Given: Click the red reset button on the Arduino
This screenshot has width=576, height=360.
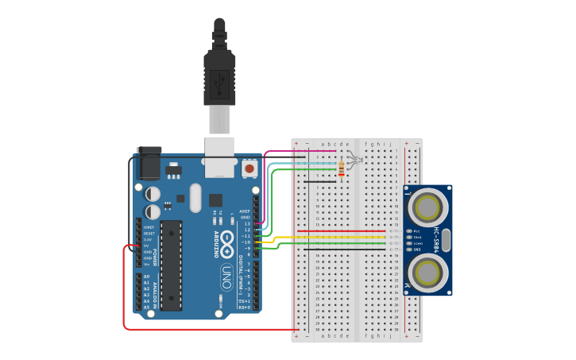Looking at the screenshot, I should (x=249, y=168).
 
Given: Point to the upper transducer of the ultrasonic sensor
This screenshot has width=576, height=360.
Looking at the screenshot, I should (x=427, y=206).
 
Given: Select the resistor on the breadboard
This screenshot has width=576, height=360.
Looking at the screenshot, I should (x=342, y=168).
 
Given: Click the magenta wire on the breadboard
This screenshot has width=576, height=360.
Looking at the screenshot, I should (x=302, y=150).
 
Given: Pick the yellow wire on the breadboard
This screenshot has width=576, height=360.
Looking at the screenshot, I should (x=334, y=236).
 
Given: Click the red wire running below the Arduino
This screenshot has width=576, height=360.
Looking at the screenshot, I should (x=207, y=329).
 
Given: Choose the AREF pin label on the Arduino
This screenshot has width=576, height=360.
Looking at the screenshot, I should (x=245, y=211).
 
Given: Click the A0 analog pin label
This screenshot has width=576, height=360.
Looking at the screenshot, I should (x=146, y=276).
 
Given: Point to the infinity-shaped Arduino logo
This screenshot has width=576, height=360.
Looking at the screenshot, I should (x=227, y=238).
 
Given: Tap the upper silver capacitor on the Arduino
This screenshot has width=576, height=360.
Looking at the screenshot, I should (x=153, y=193).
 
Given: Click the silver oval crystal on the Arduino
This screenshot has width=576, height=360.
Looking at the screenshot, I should (x=195, y=198).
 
